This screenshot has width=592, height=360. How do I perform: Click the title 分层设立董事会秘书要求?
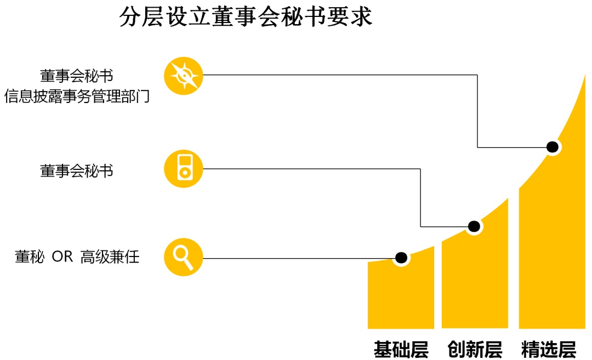[x=246, y=16]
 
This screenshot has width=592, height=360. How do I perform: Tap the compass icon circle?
[x=184, y=76]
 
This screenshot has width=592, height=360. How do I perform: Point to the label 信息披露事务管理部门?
[x=77, y=97]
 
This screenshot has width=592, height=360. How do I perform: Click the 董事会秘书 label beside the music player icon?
[x=77, y=170]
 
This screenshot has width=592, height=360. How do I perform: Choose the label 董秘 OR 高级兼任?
[x=77, y=256]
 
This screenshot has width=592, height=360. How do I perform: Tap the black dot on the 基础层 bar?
[x=401, y=257]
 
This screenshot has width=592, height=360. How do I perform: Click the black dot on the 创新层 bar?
[x=474, y=226]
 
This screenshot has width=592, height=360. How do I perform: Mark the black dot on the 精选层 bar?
[x=553, y=147]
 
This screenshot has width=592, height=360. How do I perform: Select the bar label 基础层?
[x=401, y=349]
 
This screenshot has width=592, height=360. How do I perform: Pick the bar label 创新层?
[x=475, y=349]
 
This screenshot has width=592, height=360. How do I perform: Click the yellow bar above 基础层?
[x=401, y=296]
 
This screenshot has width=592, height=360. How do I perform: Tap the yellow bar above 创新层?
[x=475, y=279]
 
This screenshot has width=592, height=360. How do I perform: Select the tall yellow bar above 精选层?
[x=552, y=247]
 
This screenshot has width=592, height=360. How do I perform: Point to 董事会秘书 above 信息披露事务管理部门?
[x=77, y=76]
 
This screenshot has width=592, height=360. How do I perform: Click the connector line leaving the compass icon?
[x=340, y=75]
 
